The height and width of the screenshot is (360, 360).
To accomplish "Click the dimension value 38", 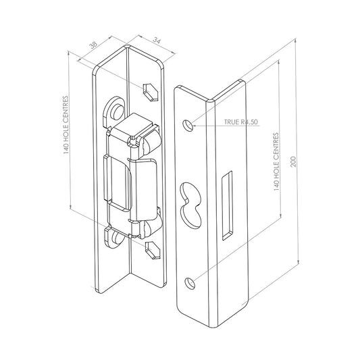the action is click(x=93, y=45).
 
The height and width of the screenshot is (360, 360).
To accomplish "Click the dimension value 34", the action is click(x=157, y=41).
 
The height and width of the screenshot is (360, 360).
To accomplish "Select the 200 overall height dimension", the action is click(x=293, y=161).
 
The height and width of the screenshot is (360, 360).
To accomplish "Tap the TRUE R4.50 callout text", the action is click(x=241, y=122).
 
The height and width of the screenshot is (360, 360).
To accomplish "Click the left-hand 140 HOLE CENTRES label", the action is click(x=66, y=125).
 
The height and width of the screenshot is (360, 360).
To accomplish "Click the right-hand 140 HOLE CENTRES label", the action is click(x=276, y=162).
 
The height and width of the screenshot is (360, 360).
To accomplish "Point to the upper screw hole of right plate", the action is click(x=188, y=126).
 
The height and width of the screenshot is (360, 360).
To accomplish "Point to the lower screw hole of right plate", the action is click(x=190, y=283).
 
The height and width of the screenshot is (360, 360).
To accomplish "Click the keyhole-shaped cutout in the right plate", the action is click(x=190, y=205).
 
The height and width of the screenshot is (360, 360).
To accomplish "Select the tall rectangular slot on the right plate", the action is click(x=227, y=205).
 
